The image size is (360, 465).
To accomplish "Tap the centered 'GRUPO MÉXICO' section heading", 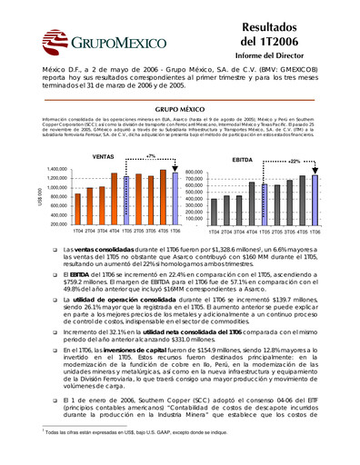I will pyautogui.click(x=179, y=109).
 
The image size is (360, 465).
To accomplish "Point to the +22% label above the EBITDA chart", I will pyautogui.click(x=293, y=161).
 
